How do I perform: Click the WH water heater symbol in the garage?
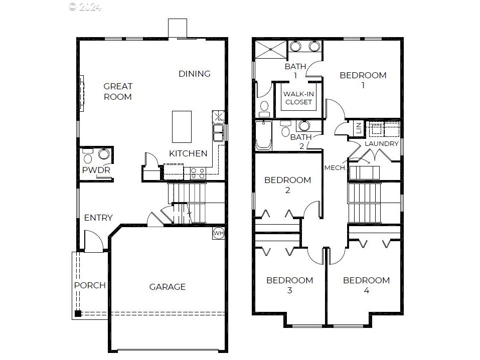[219, 233]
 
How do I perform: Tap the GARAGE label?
[168, 287]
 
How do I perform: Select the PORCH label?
[90, 285]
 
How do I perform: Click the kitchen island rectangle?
[182, 127]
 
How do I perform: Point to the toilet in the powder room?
[88, 156]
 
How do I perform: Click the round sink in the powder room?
[104, 154]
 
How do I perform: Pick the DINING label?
[195, 74]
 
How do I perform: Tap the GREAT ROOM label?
[118, 92]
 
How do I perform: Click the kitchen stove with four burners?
[198, 173]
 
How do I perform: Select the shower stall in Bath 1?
[271, 49]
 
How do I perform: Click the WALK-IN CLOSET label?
[298, 98]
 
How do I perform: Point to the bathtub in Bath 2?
[263, 135]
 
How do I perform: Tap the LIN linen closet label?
[359, 128]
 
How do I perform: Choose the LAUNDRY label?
[381, 143]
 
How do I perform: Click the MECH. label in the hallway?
[335, 168]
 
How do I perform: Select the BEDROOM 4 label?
[367, 285]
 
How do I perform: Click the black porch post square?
[78, 313]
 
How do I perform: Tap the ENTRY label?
[98, 218]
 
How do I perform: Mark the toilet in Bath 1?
[264, 109]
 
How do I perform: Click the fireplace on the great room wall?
[82, 93]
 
